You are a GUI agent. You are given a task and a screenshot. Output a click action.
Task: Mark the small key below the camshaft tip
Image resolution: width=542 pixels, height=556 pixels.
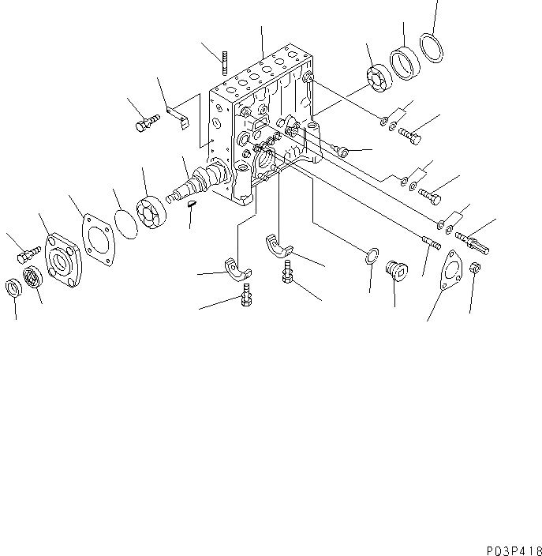pyautogui.click(x=192, y=205)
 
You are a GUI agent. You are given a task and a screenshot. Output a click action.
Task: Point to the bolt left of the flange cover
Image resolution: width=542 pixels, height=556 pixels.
pyautogui.click(x=29, y=255)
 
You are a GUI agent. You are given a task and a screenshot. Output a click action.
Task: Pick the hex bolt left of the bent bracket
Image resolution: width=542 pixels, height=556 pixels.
pyautogui.click(x=147, y=122)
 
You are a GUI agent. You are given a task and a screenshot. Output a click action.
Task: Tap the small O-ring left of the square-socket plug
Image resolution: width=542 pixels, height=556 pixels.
pyautogui.click(x=372, y=257)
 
